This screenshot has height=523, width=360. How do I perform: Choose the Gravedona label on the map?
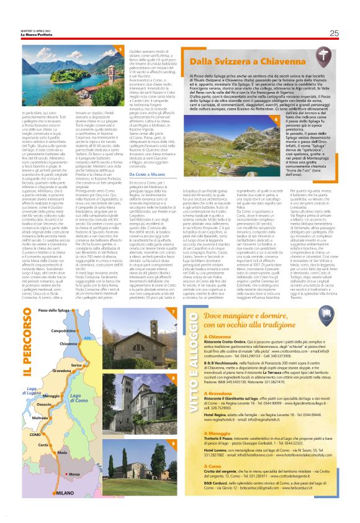(61, 370)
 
